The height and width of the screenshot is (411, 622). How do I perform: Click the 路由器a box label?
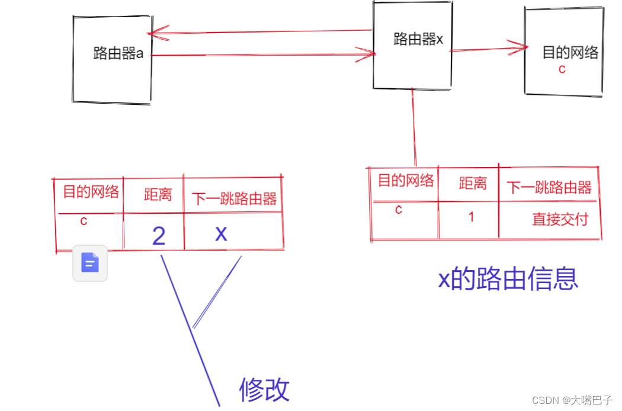click(x=118, y=53)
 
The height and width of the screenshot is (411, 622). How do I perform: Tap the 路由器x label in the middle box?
click(x=418, y=40)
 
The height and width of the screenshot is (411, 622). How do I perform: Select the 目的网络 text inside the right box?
click(x=570, y=52)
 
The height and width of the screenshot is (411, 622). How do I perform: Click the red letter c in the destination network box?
click(x=562, y=69)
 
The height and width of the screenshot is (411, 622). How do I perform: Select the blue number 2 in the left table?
click(x=159, y=236)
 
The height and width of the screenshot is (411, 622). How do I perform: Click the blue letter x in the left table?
click(x=221, y=233)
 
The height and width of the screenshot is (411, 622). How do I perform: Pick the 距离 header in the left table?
click(x=158, y=194)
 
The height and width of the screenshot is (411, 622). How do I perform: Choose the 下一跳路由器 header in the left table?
click(x=235, y=198)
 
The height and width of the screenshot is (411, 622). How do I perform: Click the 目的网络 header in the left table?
click(x=91, y=191)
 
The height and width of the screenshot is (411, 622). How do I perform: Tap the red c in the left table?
click(x=84, y=221)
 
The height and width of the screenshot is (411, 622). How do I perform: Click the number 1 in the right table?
click(x=472, y=217)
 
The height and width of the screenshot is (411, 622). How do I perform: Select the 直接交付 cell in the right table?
click(x=560, y=219)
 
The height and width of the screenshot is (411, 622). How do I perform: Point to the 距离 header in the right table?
click(x=473, y=184)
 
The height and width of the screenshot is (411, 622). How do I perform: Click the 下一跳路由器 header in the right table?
click(x=549, y=188)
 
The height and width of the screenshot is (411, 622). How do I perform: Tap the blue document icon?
click(x=90, y=262)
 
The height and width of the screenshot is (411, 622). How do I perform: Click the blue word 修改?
click(x=264, y=389)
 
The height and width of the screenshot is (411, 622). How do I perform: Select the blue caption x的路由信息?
click(x=508, y=278)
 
